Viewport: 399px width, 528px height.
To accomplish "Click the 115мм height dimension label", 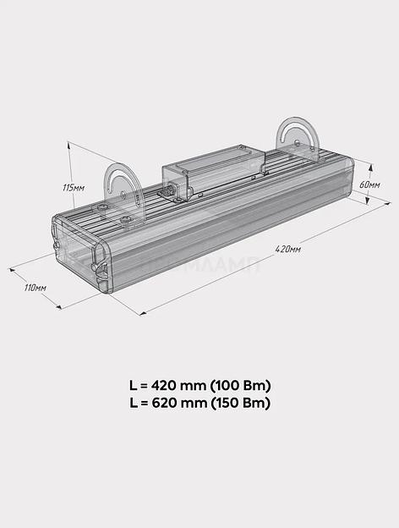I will coord(74,187).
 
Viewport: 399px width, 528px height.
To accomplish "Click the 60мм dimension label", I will coord(369,184).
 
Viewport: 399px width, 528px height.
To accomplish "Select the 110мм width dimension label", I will coord(36,289).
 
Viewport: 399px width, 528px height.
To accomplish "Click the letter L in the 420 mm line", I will coord(134,385).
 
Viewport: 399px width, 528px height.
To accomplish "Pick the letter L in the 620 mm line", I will coord(134,404).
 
